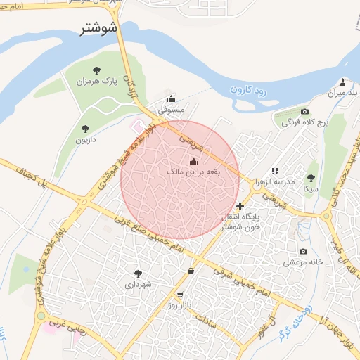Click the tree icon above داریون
click(x=85, y=129)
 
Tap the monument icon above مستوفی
click(x=171, y=98)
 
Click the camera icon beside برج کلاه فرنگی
click(x=304, y=112)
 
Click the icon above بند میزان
click(x=342, y=82)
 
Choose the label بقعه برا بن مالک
click(x=193, y=171)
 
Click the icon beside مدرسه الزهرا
click(x=275, y=171)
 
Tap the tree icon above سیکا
click(x=311, y=178)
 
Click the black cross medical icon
click(x=241, y=206)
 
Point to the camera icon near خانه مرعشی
click(x=303, y=252)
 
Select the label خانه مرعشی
click(x=303, y=262)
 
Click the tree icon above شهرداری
click(x=137, y=274)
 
